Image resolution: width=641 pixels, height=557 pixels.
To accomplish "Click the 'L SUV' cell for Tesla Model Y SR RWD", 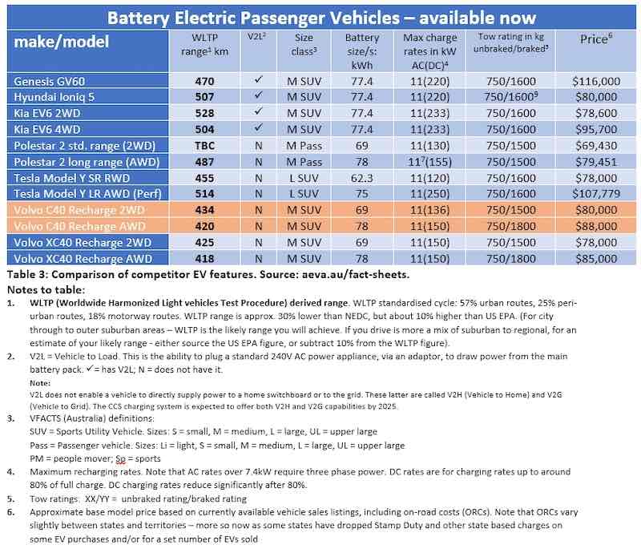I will (303, 177).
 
